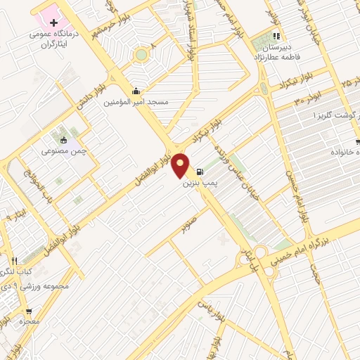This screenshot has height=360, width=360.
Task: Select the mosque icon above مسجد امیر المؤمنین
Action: click(x=136, y=90)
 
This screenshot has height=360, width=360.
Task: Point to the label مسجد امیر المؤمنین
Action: click(x=136, y=102)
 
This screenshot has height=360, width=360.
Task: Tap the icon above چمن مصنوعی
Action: click(x=63, y=139)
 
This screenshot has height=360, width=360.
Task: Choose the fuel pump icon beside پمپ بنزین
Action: click(x=201, y=171)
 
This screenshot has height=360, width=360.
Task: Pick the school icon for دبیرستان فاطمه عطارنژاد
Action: click(x=276, y=37)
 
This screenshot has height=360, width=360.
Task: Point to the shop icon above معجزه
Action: click(x=29, y=311)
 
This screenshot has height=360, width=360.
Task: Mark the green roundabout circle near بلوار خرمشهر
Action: click(x=142, y=54)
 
